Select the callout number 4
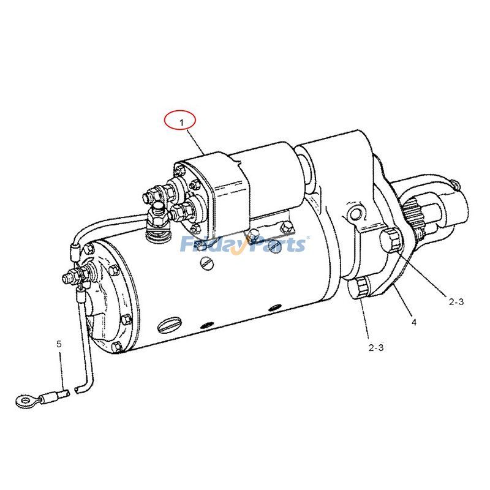pyautogui.click(x=413, y=322)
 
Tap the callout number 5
pyautogui.click(x=59, y=344)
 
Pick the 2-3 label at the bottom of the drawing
pyautogui.click(x=375, y=348)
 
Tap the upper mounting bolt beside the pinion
pyautogui.click(x=390, y=239)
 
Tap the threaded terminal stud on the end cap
pyautogui.click(x=69, y=279)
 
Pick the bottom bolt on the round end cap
pyautogui.click(x=116, y=347)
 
